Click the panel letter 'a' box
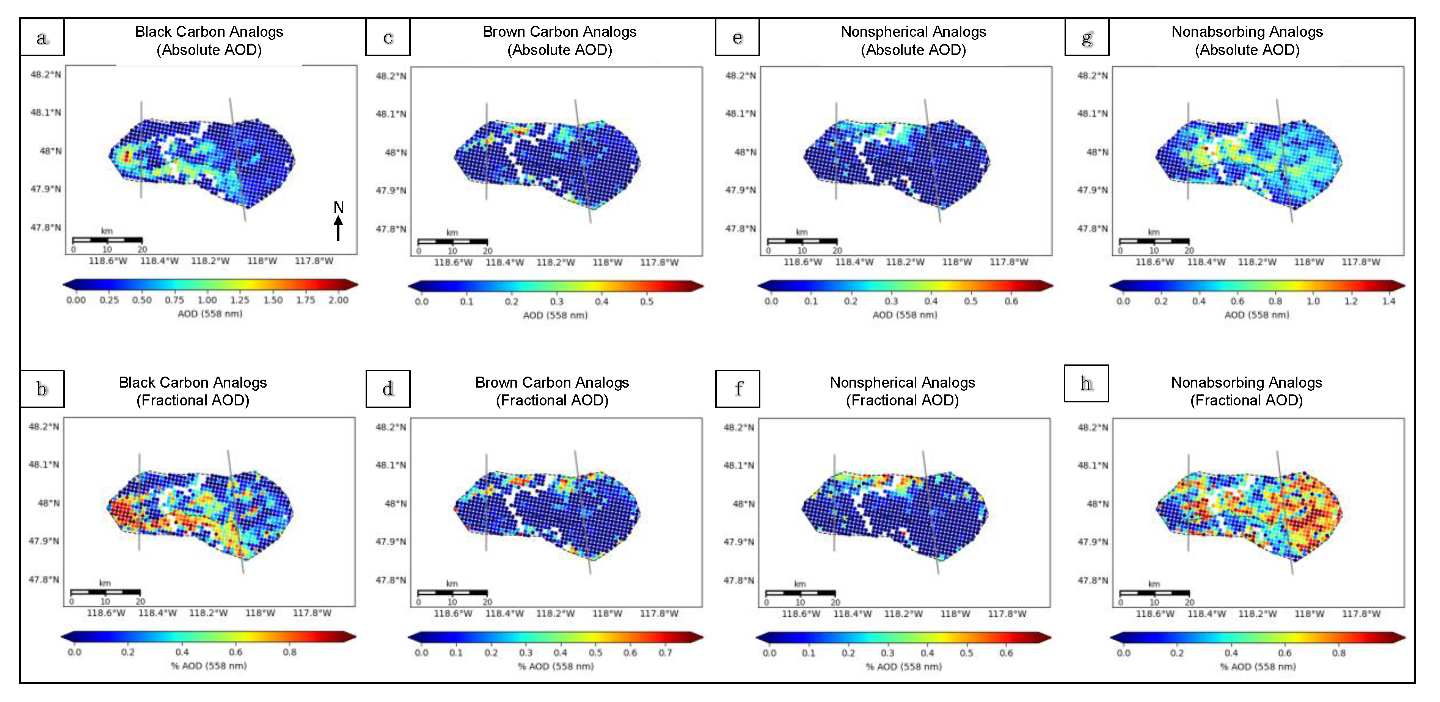click(x=42, y=38)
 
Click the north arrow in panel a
click(x=338, y=223)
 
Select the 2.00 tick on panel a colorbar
click(x=338, y=300)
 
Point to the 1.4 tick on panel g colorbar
click(x=1388, y=301)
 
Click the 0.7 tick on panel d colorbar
click(x=665, y=653)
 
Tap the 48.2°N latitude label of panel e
click(x=740, y=75)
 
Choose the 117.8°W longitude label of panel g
click(x=1361, y=262)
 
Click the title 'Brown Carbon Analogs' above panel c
click(x=559, y=32)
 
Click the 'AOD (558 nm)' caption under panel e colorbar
click(x=905, y=315)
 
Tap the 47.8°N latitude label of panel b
click(x=44, y=580)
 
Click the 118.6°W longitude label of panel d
click(x=453, y=614)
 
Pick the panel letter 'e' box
click(x=737, y=38)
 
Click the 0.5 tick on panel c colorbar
click(x=646, y=302)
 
